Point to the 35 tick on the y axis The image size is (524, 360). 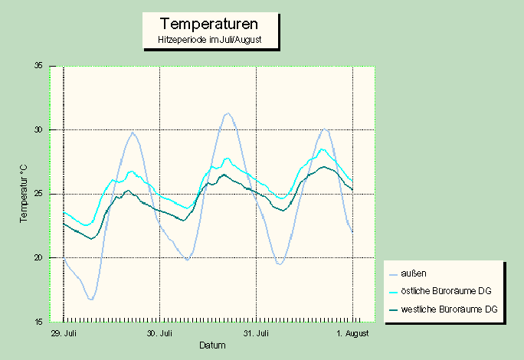(x=38, y=66)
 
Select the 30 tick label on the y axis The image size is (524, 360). (x=38, y=130)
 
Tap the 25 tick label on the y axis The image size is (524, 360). (x=38, y=194)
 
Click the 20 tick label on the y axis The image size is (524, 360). (x=38, y=258)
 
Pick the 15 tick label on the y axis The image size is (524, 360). (x=38, y=322)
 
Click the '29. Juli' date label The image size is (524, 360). (x=64, y=334)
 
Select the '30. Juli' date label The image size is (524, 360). (x=160, y=334)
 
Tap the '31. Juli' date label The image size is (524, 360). (x=256, y=334)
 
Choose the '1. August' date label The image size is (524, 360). (x=352, y=334)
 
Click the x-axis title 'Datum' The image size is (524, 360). (x=212, y=345)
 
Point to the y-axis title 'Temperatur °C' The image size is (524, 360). (x=24, y=193)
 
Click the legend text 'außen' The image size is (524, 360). (x=413, y=273)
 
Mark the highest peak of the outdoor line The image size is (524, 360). (x=228, y=113)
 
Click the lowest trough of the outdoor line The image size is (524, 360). (x=91, y=299)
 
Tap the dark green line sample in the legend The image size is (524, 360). (x=394, y=309)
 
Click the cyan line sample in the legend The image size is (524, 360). (x=394, y=291)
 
